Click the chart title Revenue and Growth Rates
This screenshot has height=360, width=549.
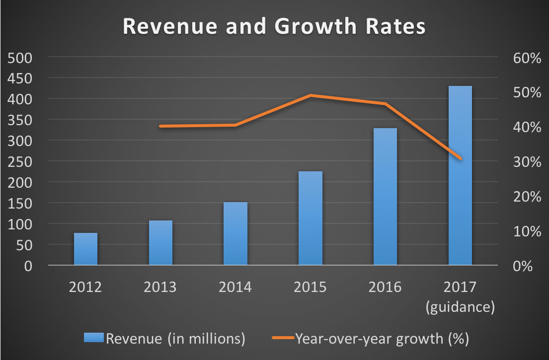[x=274, y=27]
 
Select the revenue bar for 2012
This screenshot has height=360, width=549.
[x=85, y=249]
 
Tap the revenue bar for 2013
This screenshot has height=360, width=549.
[x=160, y=243]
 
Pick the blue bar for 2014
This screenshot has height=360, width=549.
[x=235, y=233]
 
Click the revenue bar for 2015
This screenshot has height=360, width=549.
[x=310, y=218]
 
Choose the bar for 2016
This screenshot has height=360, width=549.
[x=385, y=197]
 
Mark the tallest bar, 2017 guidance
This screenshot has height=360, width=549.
[x=460, y=176]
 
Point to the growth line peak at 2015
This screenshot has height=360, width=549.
[x=310, y=95]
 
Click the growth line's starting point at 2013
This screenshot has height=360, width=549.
[x=160, y=126]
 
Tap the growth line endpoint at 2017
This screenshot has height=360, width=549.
[x=460, y=159]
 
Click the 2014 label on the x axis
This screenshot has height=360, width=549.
[x=235, y=288]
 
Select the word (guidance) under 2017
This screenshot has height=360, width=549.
[x=460, y=307]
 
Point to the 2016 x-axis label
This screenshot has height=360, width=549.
[x=385, y=288]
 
